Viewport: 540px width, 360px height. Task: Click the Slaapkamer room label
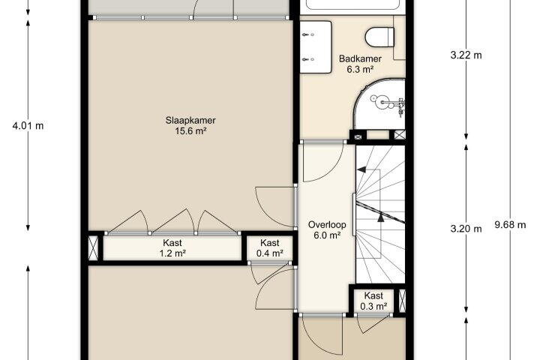(x=190, y=120)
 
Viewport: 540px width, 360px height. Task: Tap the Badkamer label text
(x=360, y=58)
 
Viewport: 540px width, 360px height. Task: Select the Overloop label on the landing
(x=327, y=224)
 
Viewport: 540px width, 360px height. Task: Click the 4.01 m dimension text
(x=28, y=126)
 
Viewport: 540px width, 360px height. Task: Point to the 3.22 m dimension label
(x=466, y=55)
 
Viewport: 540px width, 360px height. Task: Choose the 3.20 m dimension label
(x=466, y=229)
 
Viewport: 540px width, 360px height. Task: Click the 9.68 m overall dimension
(x=510, y=225)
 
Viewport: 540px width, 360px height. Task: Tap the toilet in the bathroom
(x=379, y=37)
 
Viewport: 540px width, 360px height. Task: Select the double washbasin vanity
(x=316, y=47)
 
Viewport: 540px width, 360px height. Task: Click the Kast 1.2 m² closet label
(x=172, y=248)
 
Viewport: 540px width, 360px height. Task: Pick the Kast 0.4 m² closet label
(x=270, y=248)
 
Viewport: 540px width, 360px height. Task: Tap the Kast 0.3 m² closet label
(x=373, y=301)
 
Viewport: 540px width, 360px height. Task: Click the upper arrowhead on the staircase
(x=361, y=169)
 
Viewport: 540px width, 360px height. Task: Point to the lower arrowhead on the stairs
(x=380, y=217)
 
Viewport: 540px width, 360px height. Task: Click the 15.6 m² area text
(x=190, y=131)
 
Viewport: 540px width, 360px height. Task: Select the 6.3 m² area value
(x=360, y=69)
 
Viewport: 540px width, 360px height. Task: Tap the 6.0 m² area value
(x=327, y=235)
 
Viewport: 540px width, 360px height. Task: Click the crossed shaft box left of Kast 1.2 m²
(x=93, y=248)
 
